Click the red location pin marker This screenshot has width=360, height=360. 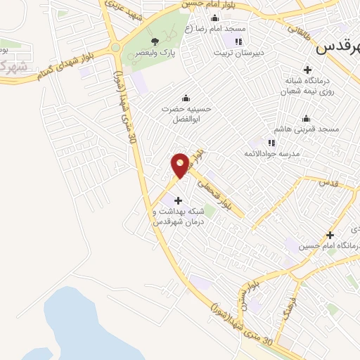[180, 165]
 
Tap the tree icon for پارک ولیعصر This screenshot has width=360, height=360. [155, 41]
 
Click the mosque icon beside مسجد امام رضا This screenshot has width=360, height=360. [214, 18]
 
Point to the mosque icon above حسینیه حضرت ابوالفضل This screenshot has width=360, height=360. [185, 98]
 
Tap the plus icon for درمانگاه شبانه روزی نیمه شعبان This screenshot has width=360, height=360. [307, 69]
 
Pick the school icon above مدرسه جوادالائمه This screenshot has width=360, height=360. [271, 143]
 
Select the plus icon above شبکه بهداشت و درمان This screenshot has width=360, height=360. [178, 200]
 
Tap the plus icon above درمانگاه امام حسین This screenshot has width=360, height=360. [330, 234]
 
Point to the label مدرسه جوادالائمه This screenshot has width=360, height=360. [271, 153]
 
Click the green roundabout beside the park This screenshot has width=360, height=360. [115, 48]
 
